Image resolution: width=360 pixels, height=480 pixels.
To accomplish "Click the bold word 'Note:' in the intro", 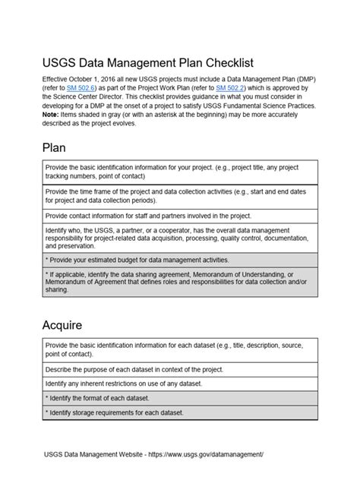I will (55, 115).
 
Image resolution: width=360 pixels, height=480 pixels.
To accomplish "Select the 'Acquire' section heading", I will (71, 326).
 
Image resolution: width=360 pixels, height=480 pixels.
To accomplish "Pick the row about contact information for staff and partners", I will (179, 216).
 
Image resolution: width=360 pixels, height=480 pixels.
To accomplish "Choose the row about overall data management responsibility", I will (179, 237).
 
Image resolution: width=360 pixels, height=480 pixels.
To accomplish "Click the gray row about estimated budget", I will (179, 260).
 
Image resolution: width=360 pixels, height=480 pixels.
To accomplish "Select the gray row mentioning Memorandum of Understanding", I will (179, 283).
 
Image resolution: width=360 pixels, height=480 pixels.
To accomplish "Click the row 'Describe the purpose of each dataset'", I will (179, 369).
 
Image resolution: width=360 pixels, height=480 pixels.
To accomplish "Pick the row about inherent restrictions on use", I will (179, 384).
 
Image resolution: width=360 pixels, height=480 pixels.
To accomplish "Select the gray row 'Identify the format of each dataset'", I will (179, 398).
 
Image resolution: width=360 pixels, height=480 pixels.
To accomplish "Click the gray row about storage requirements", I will (179, 413).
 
